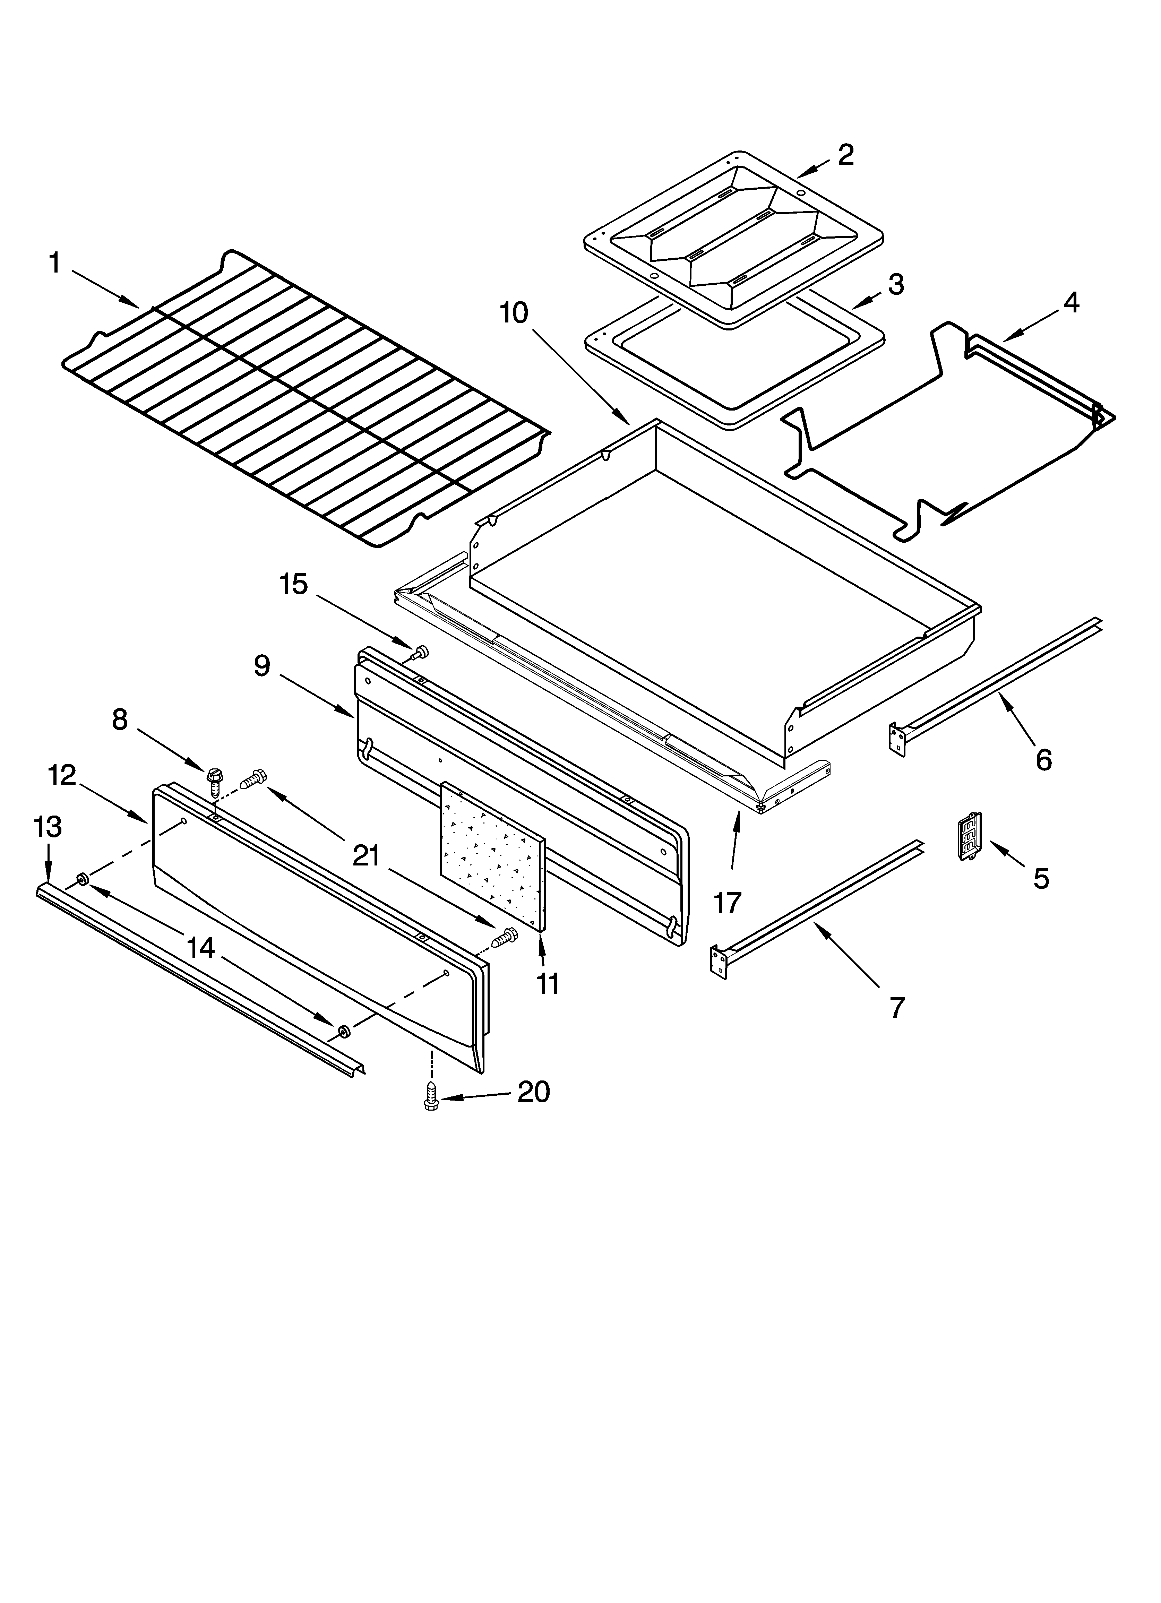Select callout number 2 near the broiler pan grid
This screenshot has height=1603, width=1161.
click(846, 155)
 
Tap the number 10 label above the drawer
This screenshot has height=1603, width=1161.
click(514, 312)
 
